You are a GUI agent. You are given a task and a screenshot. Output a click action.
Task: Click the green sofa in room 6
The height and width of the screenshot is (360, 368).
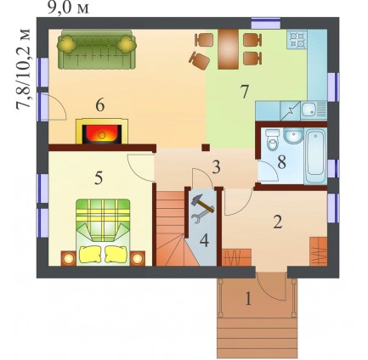point(97,49)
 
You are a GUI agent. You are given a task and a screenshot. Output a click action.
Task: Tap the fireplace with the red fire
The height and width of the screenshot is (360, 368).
point(102,132)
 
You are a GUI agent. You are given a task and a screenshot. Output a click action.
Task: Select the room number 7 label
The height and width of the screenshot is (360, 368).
point(244,92)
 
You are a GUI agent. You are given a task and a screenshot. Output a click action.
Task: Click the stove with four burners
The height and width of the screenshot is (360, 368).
point(297,39)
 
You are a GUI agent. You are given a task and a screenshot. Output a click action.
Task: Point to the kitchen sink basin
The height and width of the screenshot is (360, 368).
point(309,110)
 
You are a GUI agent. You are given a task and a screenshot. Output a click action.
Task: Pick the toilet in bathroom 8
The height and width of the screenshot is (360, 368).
point(273,140)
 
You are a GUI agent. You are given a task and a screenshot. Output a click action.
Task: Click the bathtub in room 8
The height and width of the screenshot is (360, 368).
point(316,156)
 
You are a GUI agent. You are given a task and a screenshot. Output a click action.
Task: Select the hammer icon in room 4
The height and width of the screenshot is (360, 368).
point(202,204)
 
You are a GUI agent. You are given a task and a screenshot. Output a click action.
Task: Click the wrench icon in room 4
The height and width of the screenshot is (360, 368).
point(200,218)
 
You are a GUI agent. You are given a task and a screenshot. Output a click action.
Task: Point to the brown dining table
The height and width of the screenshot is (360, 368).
point(229,49)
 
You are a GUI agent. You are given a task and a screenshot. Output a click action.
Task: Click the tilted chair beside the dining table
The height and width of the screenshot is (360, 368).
point(200,60)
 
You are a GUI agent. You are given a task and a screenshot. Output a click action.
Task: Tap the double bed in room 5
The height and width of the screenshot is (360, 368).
point(103,233)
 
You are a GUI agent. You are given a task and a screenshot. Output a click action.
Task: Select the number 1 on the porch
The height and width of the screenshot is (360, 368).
point(248,299)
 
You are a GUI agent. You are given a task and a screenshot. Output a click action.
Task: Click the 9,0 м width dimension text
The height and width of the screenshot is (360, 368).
point(68,8)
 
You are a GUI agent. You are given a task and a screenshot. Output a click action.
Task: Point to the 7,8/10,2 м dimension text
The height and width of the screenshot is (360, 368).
point(23,69)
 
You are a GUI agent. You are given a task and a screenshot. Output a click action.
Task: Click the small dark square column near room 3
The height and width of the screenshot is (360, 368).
point(206,148)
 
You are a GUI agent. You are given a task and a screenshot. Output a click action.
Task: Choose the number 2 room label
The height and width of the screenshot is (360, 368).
point(278,222)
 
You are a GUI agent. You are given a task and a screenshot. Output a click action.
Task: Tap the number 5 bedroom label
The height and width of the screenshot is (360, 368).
point(99,177)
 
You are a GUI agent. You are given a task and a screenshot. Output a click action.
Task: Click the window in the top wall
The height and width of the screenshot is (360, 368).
point(266,23)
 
